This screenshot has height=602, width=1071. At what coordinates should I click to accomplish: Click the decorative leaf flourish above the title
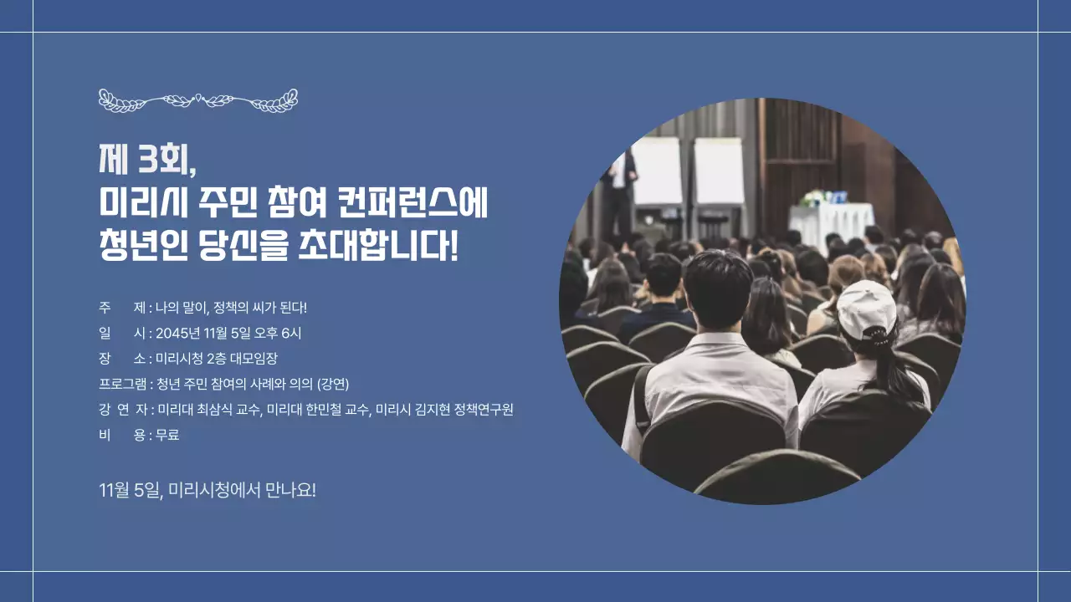click(x=198, y=100)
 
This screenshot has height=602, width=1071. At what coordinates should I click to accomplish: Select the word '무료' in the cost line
click(x=167, y=435)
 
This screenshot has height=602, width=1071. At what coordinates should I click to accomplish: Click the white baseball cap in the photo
click(x=866, y=308)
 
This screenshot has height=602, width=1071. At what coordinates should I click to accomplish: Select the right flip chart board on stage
click(x=719, y=171)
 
